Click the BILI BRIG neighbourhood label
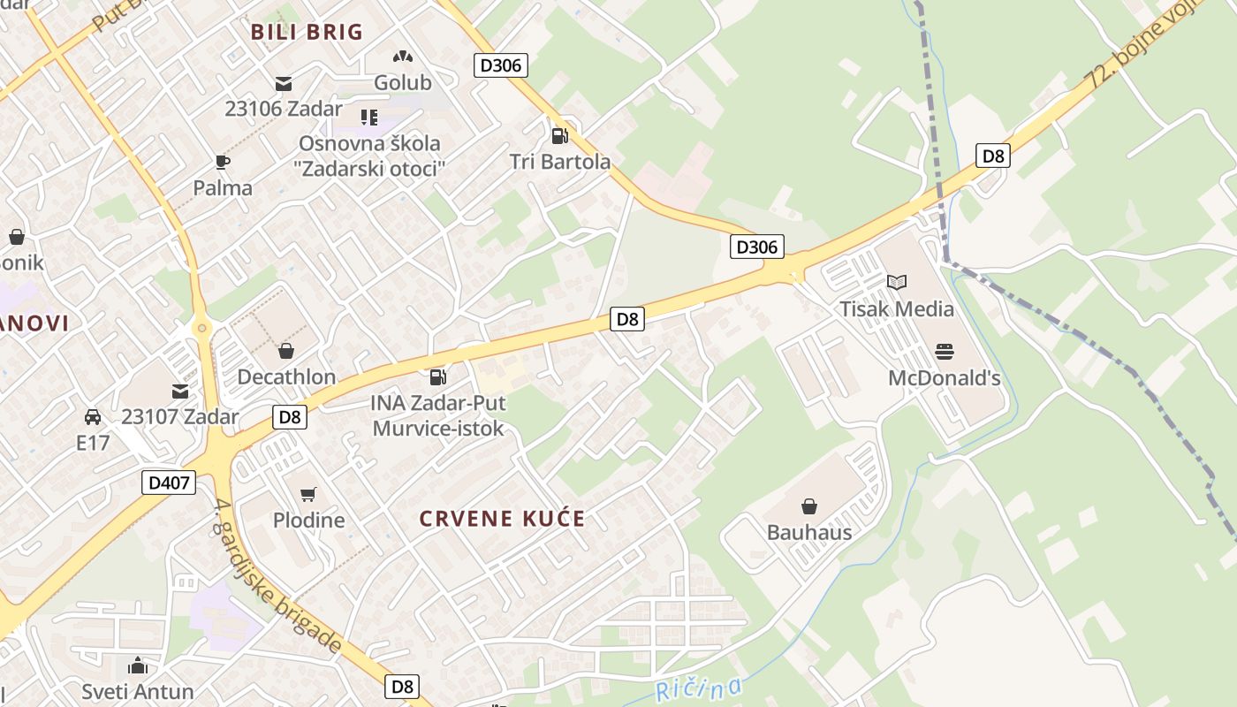307,33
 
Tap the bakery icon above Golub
403,57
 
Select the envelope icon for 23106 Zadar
284,84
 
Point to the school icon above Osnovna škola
369,118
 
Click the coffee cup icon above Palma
223,162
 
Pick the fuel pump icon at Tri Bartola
559,135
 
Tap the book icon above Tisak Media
897,283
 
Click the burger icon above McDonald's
944,352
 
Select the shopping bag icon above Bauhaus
809,506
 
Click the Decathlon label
286,377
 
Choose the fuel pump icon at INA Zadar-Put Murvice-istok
437,377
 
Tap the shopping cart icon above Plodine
307,494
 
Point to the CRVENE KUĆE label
502,519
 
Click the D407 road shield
169,483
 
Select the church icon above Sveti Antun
138,665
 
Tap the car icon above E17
93,416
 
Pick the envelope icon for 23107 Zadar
180,391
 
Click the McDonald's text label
944,378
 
